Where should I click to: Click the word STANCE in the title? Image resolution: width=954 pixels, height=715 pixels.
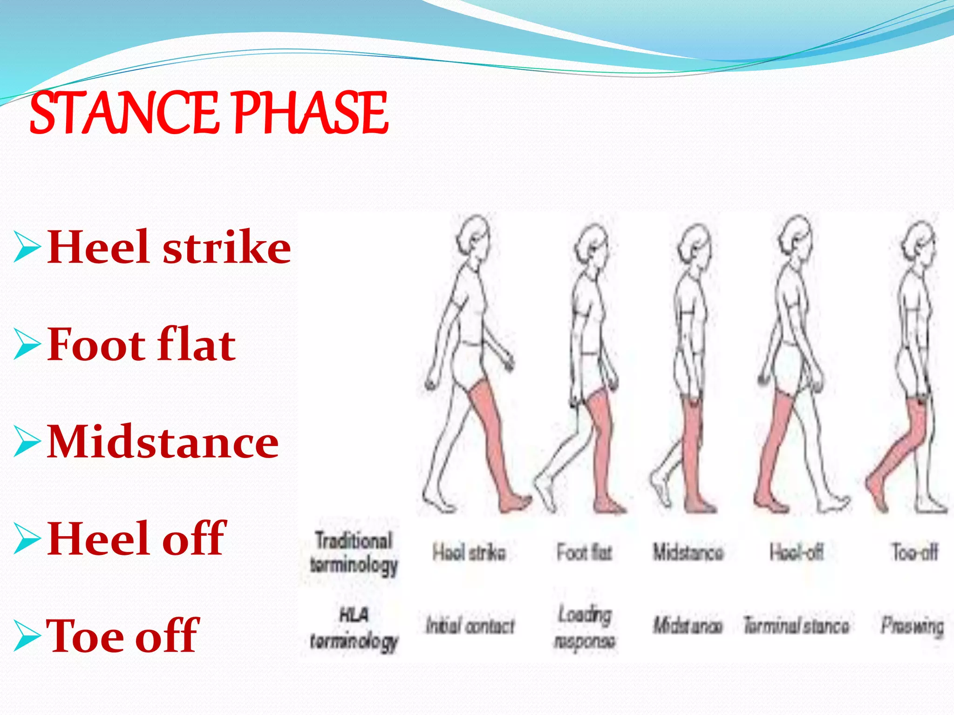[x=123, y=113]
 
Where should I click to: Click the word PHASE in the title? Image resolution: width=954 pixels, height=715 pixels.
[x=309, y=113]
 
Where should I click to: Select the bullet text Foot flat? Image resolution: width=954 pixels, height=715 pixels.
[x=142, y=345]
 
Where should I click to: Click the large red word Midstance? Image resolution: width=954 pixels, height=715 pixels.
[x=163, y=442]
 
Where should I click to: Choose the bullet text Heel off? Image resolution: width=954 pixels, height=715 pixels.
[x=136, y=539]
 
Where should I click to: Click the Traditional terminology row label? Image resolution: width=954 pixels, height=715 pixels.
[x=354, y=553]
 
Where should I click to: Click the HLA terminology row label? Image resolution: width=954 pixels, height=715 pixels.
[x=354, y=628]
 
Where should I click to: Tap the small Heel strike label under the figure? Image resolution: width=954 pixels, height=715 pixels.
[x=469, y=553]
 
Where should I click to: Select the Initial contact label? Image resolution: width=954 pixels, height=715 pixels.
[x=470, y=626]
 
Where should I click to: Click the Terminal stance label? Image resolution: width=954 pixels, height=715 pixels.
[x=796, y=625]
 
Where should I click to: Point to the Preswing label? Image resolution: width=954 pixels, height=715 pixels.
[x=912, y=626]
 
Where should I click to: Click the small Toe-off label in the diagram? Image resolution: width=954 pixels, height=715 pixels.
[x=914, y=552]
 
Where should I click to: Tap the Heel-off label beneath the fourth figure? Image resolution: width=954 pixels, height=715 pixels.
[x=796, y=552]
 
